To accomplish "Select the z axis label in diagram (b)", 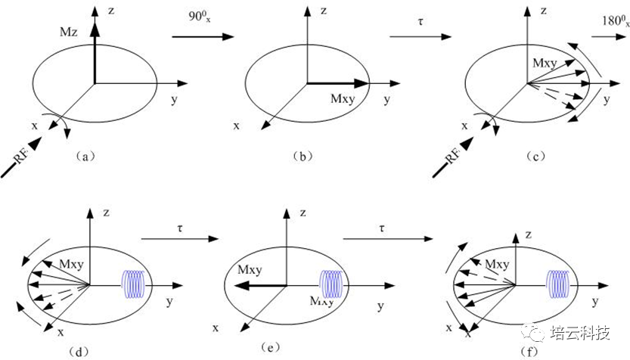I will (322, 11).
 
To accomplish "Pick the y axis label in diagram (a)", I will (173, 99).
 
